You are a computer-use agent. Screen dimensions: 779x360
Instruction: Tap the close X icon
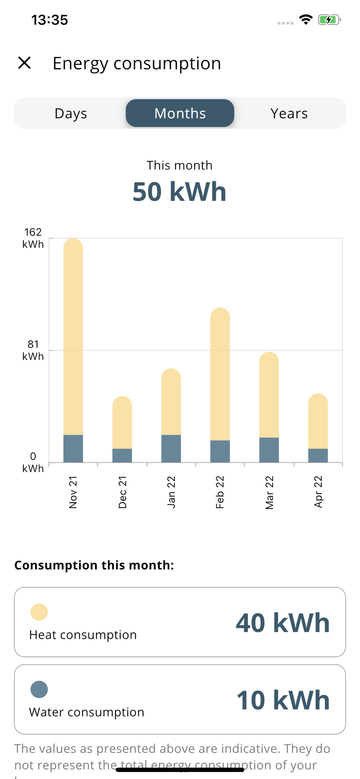click(25, 63)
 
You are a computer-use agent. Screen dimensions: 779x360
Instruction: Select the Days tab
click(71, 113)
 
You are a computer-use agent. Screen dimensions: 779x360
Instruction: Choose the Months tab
click(180, 113)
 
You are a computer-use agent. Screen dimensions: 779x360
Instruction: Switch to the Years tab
click(289, 113)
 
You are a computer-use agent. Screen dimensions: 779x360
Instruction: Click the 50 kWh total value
click(180, 192)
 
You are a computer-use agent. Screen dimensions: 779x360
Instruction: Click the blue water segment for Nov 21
click(73, 448)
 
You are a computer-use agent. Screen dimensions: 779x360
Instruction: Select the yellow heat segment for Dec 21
click(122, 423)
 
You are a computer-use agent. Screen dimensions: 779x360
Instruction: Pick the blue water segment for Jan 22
click(171, 448)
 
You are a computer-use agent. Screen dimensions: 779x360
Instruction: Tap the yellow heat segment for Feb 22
click(220, 374)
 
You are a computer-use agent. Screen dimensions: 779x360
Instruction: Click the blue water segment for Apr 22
click(318, 455)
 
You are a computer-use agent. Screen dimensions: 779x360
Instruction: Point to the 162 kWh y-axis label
click(33, 238)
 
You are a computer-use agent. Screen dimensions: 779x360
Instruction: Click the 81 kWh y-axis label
click(33, 350)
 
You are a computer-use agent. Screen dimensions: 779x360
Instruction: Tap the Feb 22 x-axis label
click(220, 492)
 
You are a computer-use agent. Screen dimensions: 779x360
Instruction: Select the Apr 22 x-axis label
click(318, 492)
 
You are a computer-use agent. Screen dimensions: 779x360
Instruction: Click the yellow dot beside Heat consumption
click(39, 612)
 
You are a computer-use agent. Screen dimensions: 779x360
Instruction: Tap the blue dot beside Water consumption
click(39, 689)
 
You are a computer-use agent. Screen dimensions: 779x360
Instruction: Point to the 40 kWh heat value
click(282, 623)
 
